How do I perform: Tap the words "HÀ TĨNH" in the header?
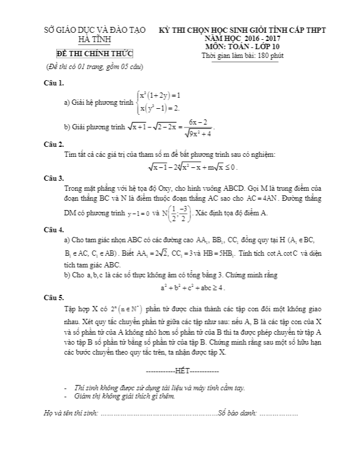(x=97, y=40)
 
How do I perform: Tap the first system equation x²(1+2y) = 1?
(x=160, y=95)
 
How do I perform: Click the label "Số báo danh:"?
(x=238, y=414)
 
